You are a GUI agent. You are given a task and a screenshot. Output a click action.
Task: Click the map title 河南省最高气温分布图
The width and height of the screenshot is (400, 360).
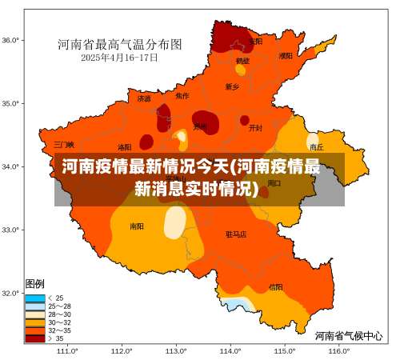120,44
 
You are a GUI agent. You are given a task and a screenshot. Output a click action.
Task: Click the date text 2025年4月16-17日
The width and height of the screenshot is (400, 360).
119,58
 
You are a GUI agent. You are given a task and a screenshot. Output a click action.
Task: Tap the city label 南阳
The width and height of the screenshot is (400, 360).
137,226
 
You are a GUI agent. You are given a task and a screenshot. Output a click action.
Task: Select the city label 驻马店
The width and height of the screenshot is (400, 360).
236,234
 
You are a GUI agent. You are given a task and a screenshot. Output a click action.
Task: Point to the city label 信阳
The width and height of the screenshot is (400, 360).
275,286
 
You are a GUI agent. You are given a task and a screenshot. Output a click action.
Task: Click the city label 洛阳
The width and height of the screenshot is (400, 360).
124,147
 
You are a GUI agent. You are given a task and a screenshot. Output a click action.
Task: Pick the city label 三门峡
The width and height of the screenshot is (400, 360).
64,145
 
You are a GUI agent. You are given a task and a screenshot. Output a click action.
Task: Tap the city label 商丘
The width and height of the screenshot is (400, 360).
317,147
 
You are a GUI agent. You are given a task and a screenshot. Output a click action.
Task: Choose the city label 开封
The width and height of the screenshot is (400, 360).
255,127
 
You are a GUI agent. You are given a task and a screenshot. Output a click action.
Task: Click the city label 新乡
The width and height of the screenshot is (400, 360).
232,86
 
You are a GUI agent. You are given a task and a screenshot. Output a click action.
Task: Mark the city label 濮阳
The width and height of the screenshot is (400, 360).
286,56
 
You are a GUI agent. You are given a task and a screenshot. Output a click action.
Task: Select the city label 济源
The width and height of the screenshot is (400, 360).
143,99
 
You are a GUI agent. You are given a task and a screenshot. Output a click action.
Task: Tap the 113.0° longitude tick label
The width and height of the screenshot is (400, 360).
175,350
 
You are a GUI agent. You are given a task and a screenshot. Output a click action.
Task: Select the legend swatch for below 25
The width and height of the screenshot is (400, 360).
35,298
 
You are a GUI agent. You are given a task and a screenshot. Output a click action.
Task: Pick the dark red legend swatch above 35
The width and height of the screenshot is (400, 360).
35,338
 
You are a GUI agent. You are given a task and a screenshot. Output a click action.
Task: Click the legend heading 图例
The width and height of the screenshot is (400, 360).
35,284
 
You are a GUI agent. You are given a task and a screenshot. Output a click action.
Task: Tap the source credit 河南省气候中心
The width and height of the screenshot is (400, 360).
348,335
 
